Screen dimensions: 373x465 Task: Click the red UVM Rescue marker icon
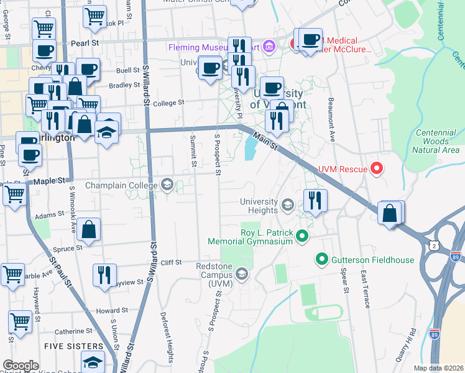376,168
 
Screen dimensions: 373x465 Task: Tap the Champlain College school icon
167,184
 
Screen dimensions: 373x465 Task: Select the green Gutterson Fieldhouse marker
322,258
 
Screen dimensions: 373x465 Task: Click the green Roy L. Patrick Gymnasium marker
302,236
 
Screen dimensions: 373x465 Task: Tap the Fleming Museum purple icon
269,47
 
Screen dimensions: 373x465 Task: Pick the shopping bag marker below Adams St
90,229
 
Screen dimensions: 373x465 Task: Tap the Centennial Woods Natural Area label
437,141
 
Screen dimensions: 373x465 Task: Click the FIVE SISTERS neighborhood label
73,346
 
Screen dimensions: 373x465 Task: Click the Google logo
21,366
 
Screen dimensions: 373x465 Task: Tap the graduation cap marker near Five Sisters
93,362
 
